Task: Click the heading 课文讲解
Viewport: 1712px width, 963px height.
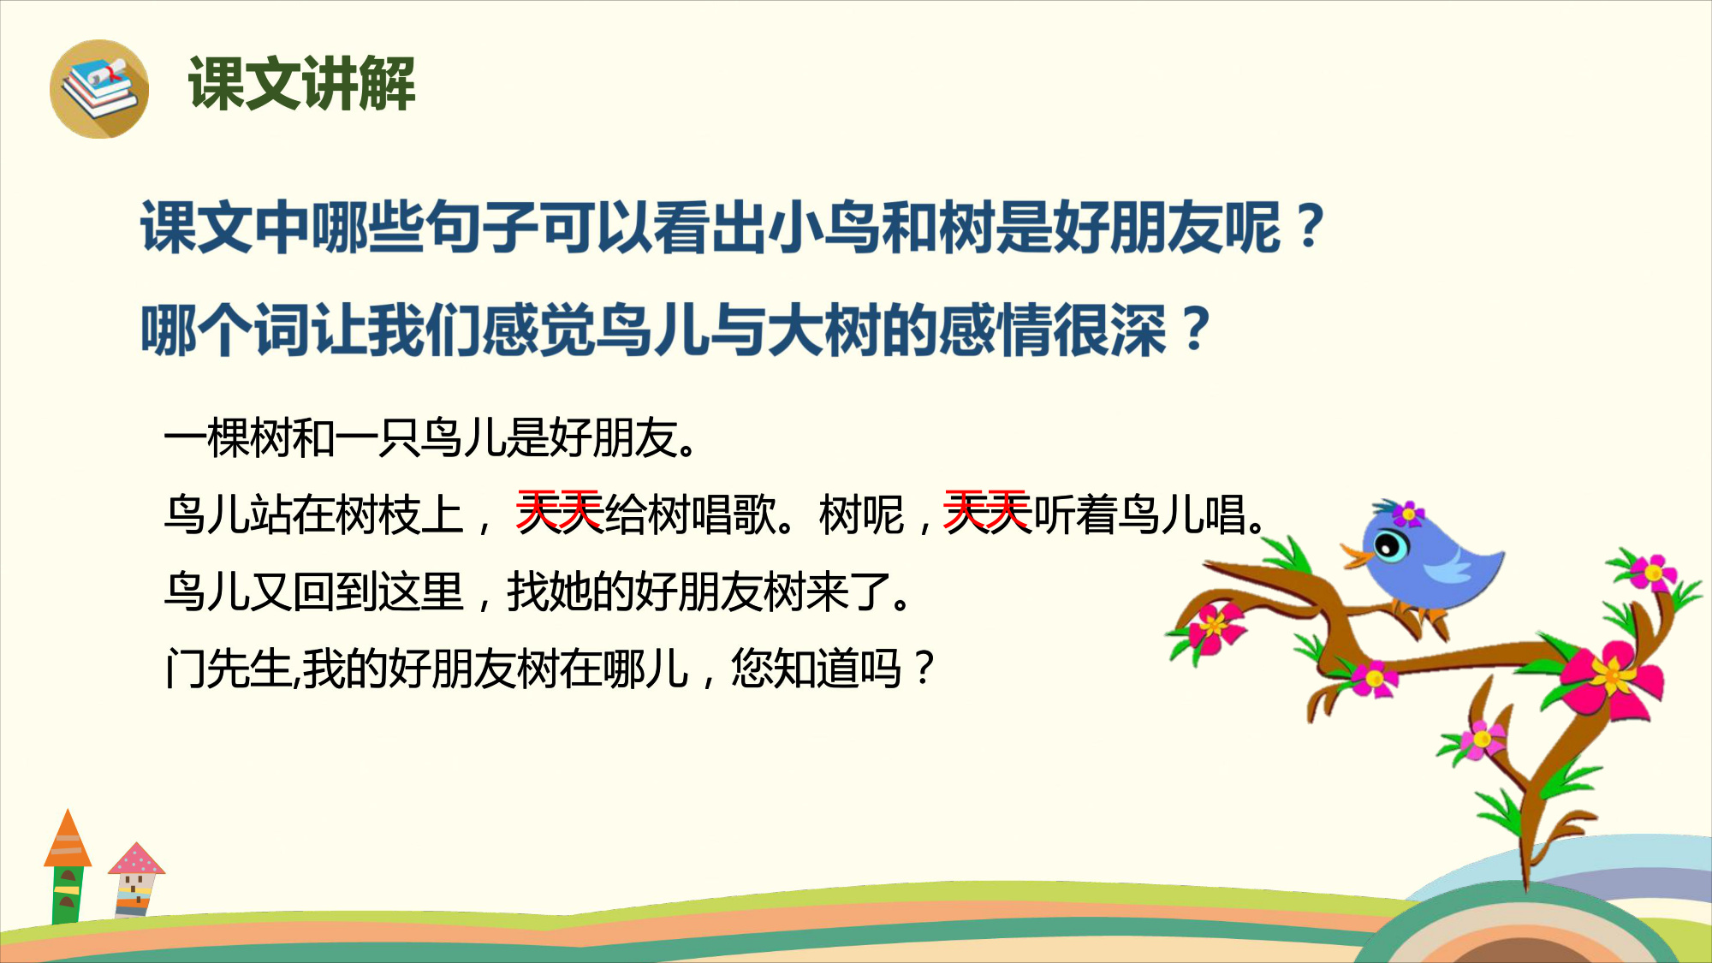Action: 302,84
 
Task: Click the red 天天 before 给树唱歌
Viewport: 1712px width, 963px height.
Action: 560,514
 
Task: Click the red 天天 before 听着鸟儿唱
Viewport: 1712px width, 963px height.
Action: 987,514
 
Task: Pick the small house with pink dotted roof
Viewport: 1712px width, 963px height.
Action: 135,880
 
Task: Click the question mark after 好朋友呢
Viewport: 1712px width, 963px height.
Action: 1310,228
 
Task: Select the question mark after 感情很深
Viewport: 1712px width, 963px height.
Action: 1195,330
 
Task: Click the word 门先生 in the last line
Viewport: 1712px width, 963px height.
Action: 229,669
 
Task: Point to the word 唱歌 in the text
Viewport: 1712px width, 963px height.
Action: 734,514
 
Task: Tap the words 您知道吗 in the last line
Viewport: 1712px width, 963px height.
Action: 816,669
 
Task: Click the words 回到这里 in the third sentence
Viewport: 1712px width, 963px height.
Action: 378,591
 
